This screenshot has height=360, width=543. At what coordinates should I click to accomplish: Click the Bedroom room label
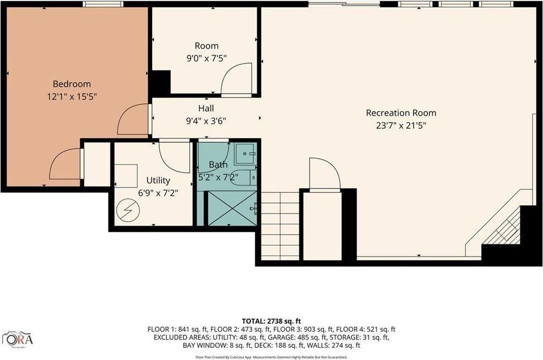tap(72, 84)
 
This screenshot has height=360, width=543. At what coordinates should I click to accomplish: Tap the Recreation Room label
tap(401, 113)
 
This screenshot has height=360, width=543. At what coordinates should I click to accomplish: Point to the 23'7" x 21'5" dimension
tap(401, 125)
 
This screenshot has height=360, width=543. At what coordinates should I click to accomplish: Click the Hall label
tap(206, 108)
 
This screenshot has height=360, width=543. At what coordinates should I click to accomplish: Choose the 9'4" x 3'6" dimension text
tap(206, 121)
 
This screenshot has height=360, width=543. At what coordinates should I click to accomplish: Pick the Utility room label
tap(158, 180)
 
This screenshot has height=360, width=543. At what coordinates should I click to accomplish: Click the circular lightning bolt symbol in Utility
tap(128, 209)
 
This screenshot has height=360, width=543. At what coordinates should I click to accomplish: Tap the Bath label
tap(218, 165)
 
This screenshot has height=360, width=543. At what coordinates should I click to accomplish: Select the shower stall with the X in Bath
tap(231, 208)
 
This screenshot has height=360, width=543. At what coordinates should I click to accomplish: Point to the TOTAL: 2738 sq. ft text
tap(271, 321)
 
